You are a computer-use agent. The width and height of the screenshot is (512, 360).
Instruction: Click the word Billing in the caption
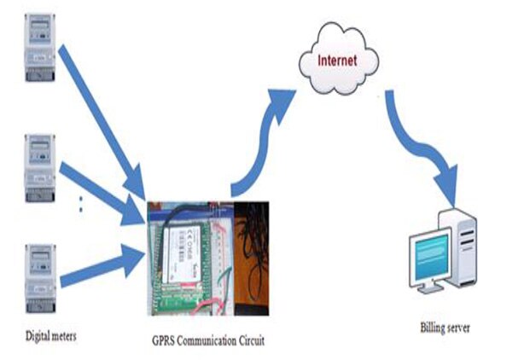coord(433,328)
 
